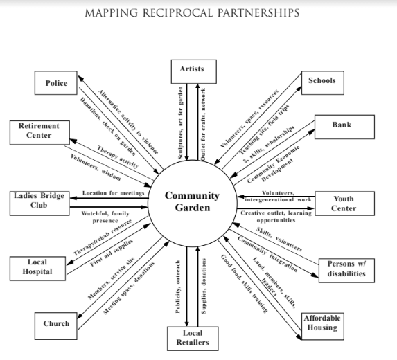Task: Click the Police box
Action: click(56, 83)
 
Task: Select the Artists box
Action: click(192, 69)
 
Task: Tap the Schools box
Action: click(322, 81)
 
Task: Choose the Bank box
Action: click(342, 125)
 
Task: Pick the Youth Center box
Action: click(344, 203)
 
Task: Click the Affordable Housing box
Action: click(322, 322)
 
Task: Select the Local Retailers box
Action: click(192, 338)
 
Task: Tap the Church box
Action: click(56, 323)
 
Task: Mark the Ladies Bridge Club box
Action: click(39, 200)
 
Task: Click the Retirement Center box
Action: click(39, 130)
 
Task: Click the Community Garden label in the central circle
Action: click(192, 201)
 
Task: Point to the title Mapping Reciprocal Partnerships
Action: click(198, 12)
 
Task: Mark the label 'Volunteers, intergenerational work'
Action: click(276, 196)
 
